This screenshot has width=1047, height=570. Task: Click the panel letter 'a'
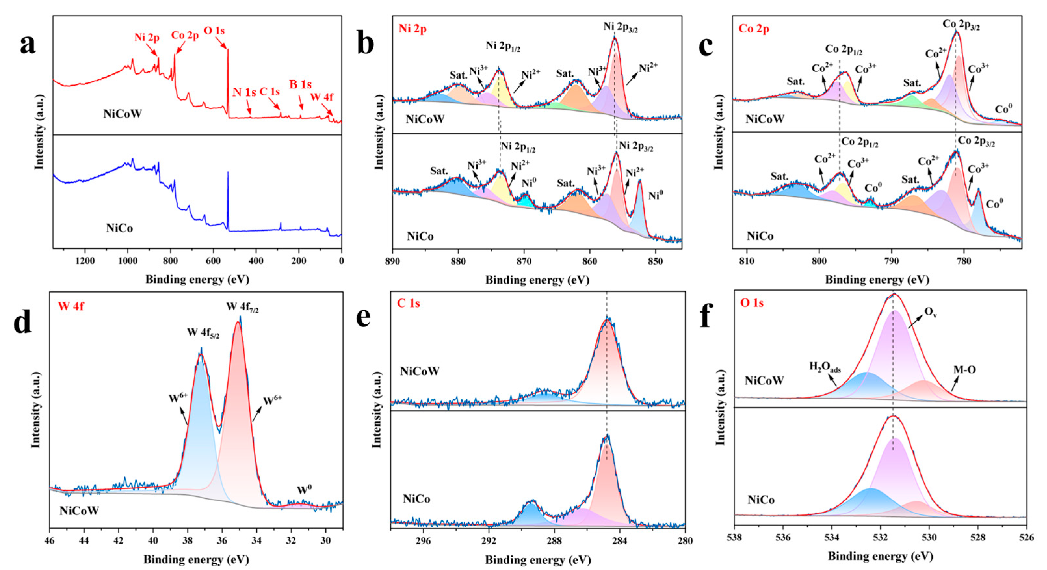pos(28,45)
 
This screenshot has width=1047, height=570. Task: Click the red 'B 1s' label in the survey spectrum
pos(300,84)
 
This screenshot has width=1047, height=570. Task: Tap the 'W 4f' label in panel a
pos(321,97)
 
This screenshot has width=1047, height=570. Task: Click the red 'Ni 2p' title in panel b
pos(412,29)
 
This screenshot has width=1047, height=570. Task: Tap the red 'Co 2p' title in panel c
pos(754,29)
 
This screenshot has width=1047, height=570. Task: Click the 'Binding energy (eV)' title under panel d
pos(196,559)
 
